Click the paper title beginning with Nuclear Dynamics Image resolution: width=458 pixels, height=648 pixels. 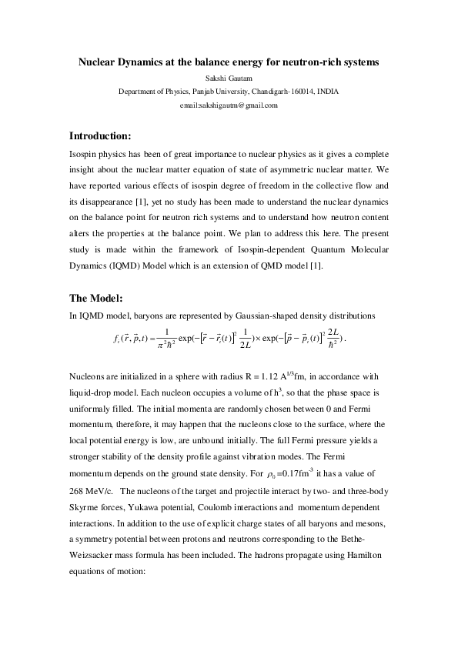pyautogui.click(x=229, y=62)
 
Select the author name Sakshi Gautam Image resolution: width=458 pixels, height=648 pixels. pyautogui.click(x=229, y=78)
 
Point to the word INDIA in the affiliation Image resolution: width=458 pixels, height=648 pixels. pyautogui.click(x=326, y=92)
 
